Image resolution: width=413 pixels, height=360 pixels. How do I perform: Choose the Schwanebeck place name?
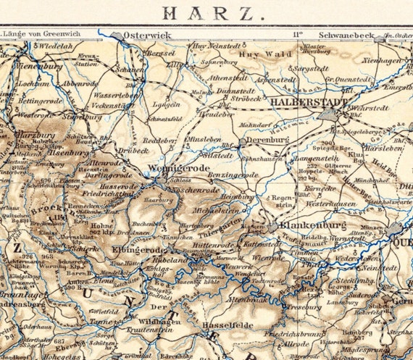pyautogui.click(x=346, y=34)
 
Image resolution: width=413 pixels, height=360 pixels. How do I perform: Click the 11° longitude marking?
pyautogui.click(x=297, y=34)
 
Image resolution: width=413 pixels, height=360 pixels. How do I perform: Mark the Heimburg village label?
pyautogui.click(x=238, y=196)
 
